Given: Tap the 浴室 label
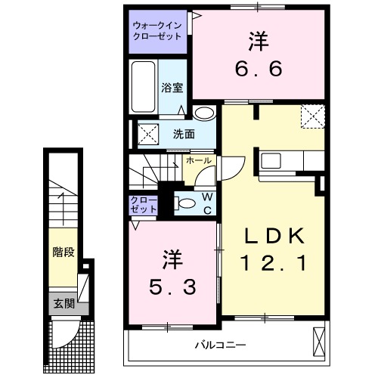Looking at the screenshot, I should coord(172,88).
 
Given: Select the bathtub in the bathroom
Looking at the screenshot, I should coord(144,88).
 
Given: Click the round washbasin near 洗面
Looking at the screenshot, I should coord(203,113).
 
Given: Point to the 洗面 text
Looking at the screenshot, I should coord(183,135).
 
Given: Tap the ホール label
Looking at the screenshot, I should coord(198,161).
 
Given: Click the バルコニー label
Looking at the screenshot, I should coord(220,345).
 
